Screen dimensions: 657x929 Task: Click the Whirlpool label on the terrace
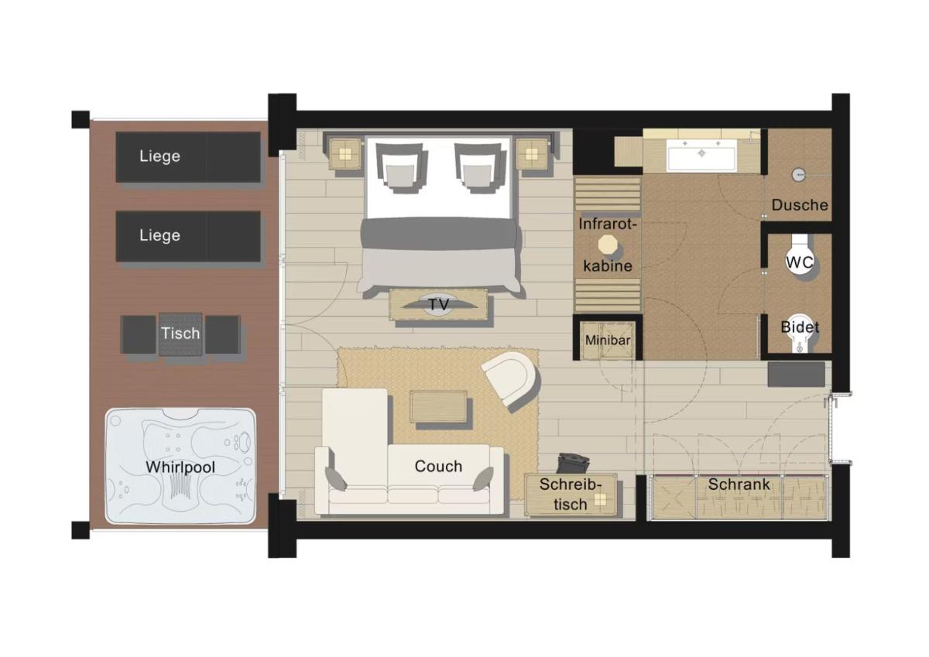[x=180, y=467]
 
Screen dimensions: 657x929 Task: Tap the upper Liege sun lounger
[x=188, y=157]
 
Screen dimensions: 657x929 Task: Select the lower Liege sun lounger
[x=188, y=236]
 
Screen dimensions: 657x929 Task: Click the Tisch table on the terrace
[x=180, y=334]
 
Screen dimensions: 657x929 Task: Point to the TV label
[x=439, y=305]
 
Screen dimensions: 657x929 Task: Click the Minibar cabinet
[x=608, y=340]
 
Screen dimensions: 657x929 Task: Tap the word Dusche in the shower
[x=800, y=206]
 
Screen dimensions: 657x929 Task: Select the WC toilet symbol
[x=800, y=262]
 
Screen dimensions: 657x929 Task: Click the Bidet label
[x=800, y=327]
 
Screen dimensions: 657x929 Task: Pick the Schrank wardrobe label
[x=739, y=485]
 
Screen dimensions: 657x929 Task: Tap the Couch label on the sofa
[x=438, y=467]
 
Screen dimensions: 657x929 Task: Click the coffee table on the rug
[x=439, y=406]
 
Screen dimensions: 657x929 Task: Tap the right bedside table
[x=532, y=153]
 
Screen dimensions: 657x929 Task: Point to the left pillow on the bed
[x=402, y=168]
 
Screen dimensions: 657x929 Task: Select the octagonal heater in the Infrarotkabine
[x=607, y=245]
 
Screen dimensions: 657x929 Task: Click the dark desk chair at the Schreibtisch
[x=573, y=463]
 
